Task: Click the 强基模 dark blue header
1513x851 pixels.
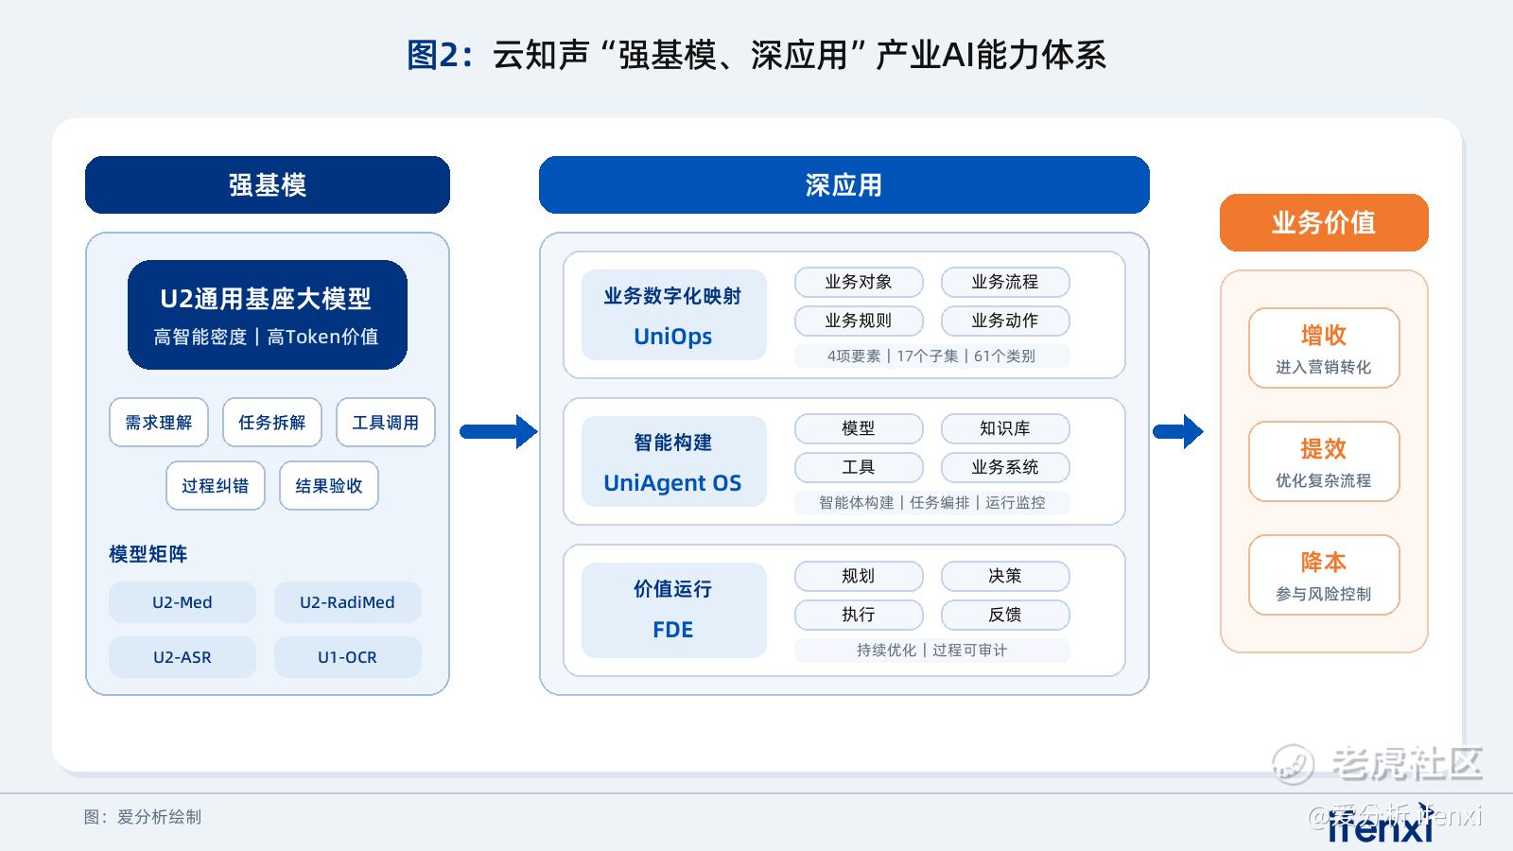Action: tap(268, 185)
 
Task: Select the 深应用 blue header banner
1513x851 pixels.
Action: tap(843, 185)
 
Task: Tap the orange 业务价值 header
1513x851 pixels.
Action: tap(1324, 223)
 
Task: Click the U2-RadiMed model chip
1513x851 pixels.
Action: tap(347, 601)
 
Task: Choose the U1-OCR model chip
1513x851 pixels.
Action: tap(347, 657)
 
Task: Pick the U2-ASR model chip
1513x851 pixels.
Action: tap(183, 657)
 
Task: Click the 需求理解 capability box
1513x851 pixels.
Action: tap(159, 422)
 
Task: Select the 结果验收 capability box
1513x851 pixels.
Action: tap(329, 485)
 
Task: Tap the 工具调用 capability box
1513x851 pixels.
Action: tap(386, 422)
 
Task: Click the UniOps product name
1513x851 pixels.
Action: tap(672, 337)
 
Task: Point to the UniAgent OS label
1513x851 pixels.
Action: tap(672, 483)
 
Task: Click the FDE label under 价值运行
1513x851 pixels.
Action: tap(672, 630)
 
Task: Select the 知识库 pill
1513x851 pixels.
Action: tap(1005, 428)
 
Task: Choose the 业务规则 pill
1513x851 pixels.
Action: tap(859, 321)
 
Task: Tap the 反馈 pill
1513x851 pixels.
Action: tap(1005, 615)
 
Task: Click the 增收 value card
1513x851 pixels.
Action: tap(1324, 348)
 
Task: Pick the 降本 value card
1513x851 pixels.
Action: tap(1324, 575)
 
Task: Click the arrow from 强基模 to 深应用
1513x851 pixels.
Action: tap(498, 431)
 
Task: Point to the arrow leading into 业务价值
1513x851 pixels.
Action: tap(1178, 431)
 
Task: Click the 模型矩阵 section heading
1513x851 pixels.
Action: tap(148, 554)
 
